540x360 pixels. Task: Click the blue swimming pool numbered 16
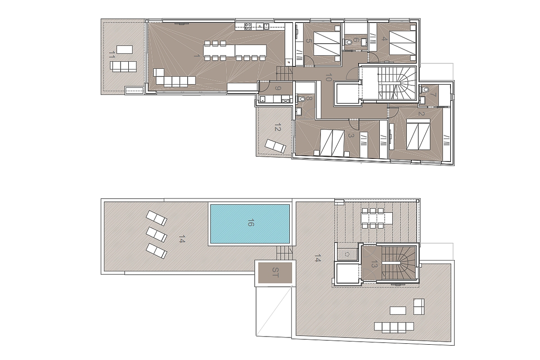tap(250, 224)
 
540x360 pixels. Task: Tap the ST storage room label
tap(275, 272)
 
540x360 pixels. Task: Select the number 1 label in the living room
tap(197, 56)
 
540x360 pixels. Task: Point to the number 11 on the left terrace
tap(112, 54)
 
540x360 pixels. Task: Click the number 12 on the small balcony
tap(278, 127)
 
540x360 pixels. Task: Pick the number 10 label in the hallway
tap(328, 77)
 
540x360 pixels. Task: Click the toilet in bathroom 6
tap(348, 43)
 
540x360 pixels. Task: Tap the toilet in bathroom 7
tap(426, 90)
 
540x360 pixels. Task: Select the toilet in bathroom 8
tap(301, 99)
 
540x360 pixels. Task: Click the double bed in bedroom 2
tap(418, 134)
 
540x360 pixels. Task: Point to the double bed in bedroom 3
tap(332, 143)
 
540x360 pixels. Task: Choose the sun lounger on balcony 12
tap(275, 146)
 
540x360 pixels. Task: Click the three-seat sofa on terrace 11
tap(123, 66)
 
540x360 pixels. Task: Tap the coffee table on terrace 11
tap(125, 49)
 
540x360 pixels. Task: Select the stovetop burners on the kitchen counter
tap(248, 26)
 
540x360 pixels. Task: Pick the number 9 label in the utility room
tap(278, 88)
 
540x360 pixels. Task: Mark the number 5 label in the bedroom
tap(309, 40)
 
